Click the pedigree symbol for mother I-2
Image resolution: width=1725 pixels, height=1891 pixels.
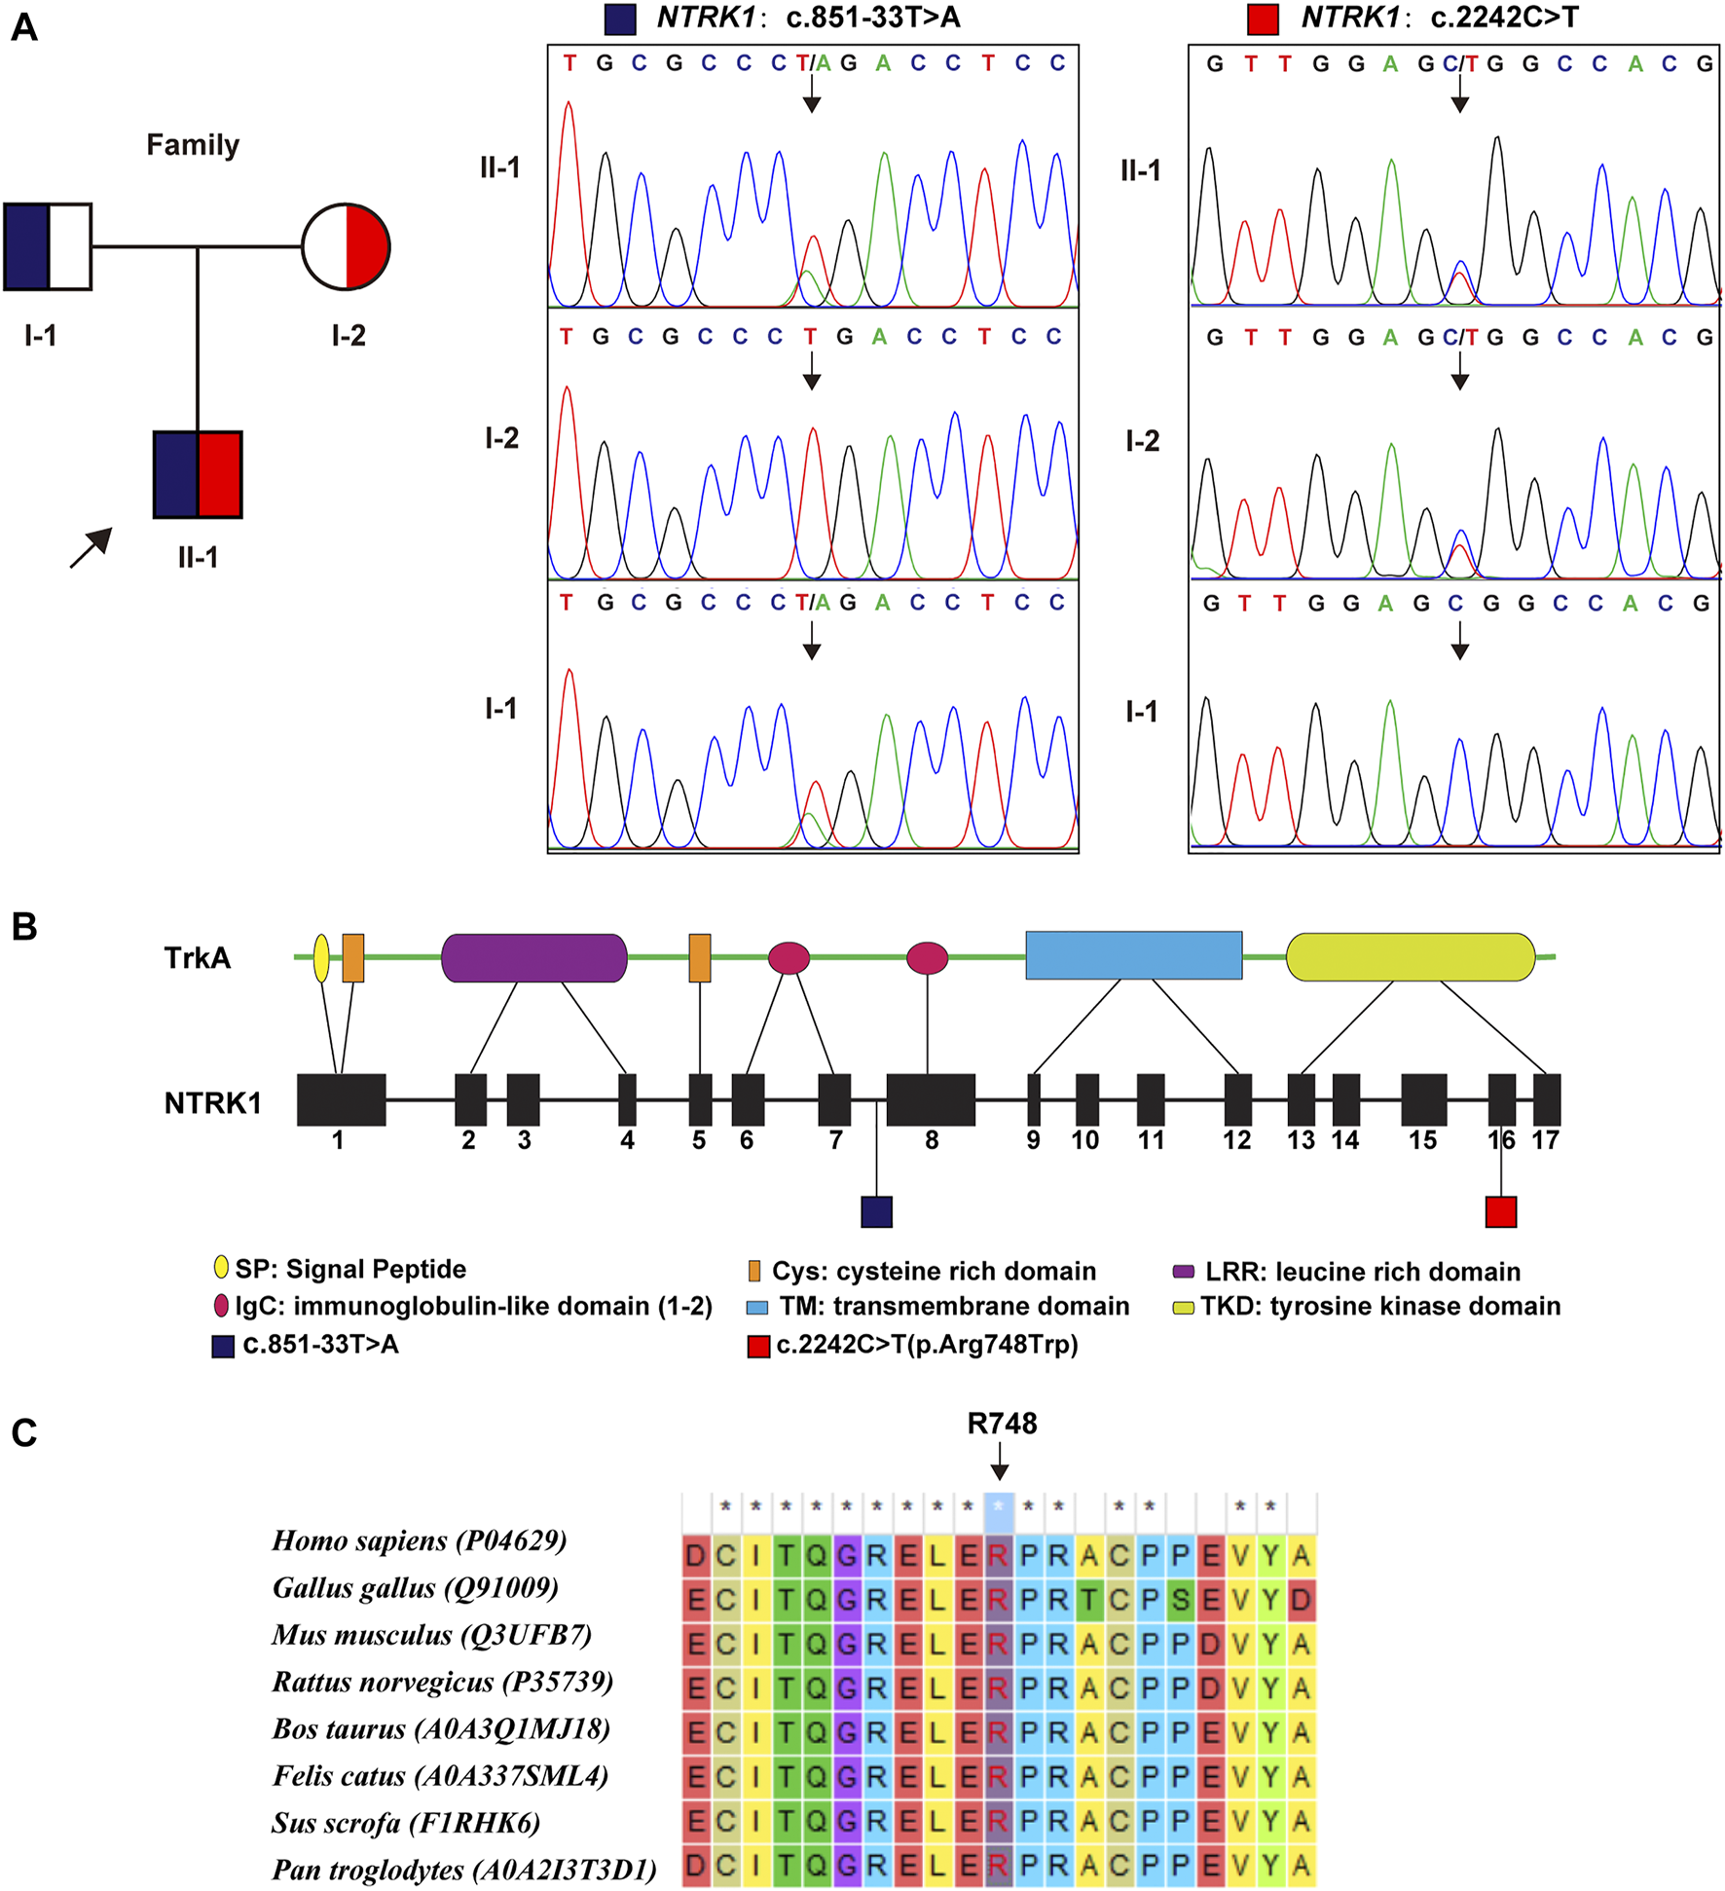click(x=346, y=247)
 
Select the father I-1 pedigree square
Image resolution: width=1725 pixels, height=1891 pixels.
click(x=48, y=247)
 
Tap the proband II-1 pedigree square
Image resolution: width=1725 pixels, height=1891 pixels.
click(x=198, y=474)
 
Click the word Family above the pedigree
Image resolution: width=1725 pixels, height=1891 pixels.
click(x=193, y=145)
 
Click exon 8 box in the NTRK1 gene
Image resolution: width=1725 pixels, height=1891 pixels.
click(x=931, y=1100)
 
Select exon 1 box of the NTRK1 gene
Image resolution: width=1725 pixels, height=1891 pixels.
click(x=341, y=1100)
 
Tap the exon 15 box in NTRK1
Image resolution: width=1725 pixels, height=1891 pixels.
click(x=1423, y=1100)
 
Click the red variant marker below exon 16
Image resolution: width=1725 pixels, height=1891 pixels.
click(x=1500, y=1211)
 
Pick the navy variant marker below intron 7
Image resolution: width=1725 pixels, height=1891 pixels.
click(x=876, y=1211)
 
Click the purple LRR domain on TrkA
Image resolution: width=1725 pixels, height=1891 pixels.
click(x=533, y=958)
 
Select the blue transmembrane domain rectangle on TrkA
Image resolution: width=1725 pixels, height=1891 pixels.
click(x=1133, y=955)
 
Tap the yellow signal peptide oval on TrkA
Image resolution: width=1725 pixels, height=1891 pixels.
click(x=321, y=958)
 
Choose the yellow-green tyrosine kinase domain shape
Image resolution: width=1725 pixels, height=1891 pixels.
click(x=1410, y=957)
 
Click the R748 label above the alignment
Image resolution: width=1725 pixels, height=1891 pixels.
click(x=1002, y=1424)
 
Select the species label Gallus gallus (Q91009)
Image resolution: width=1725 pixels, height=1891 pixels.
click(x=416, y=1588)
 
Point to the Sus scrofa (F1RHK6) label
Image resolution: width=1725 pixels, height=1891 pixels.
click(x=406, y=1823)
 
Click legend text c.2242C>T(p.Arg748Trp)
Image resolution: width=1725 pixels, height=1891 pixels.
click(x=927, y=1345)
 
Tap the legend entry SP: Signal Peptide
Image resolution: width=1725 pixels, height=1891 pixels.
click(x=350, y=1269)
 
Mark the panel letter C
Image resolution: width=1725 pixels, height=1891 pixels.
click(x=24, y=1433)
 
